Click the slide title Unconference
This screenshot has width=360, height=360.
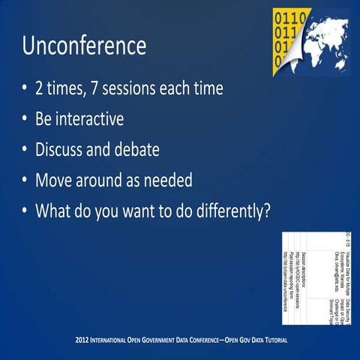pyautogui.click(x=84, y=46)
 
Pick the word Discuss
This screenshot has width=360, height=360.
pyautogui.click(x=59, y=149)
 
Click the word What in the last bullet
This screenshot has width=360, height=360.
pyautogui.click(x=55, y=211)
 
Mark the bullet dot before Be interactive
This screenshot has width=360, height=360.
pyautogui.click(x=25, y=120)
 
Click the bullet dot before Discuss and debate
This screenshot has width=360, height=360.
pyautogui.click(x=25, y=150)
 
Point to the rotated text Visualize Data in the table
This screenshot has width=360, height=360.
pyautogui.click(x=347, y=259)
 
